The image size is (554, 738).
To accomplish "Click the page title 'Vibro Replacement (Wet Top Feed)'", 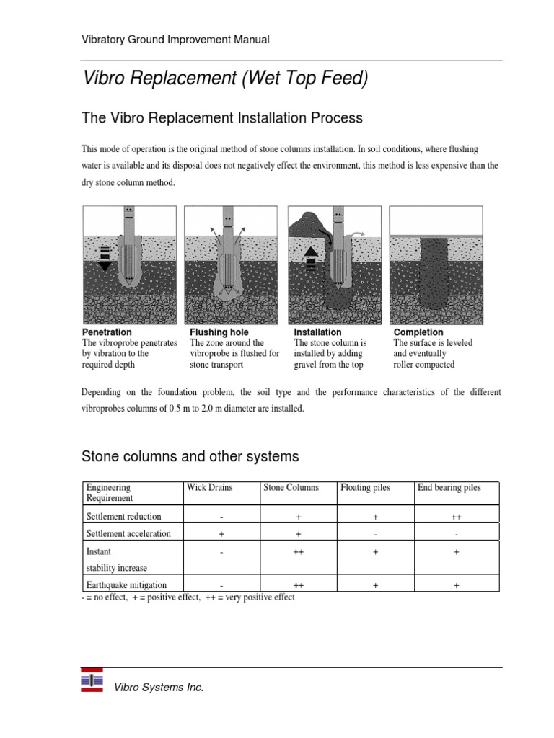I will click(226, 79).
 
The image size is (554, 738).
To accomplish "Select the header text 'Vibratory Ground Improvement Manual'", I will click(176, 40).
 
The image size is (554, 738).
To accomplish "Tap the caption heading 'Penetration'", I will click(107, 332).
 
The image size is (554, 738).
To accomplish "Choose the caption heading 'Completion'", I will click(418, 332).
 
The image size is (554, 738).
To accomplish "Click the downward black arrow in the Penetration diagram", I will click(105, 259).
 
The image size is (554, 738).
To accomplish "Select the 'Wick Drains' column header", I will click(210, 488).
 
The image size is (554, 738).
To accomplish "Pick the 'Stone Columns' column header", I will click(291, 488).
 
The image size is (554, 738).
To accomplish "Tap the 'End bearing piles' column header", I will click(449, 488).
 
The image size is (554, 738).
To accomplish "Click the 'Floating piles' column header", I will click(365, 488).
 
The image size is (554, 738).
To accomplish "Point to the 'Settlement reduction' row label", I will click(124, 517).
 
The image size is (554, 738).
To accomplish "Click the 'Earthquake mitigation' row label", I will click(126, 585).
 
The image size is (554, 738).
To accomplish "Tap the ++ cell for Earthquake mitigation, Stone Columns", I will click(298, 586).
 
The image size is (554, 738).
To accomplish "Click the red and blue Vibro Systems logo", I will click(92, 680).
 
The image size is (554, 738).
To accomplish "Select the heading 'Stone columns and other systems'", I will click(190, 456).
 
